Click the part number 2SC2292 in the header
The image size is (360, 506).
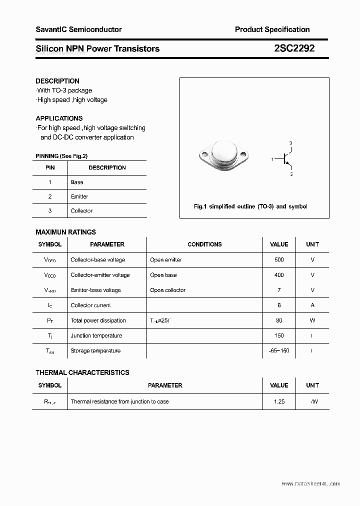[294, 48]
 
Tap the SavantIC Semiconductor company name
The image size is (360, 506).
[78, 29]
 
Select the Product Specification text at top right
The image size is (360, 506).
[272, 29]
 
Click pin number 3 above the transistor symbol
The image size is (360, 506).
[290, 143]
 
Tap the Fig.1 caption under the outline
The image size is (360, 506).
[250, 206]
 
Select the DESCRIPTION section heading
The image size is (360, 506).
[57, 81]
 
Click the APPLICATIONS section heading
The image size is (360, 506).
[59, 118]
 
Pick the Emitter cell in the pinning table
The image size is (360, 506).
[79, 196]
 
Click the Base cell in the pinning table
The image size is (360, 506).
[77, 182]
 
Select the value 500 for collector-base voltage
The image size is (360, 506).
[279, 260]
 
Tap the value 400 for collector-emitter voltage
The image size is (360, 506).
[279, 275]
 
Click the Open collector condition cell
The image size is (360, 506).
[167, 290]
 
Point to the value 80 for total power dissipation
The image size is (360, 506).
[279, 320]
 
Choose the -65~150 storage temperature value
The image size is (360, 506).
[279, 350]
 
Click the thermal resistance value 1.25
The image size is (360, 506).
[279, 401]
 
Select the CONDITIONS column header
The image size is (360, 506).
[204, 244]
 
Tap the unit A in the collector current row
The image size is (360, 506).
[312, 305]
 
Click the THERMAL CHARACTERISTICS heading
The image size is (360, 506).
[82, 372]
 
